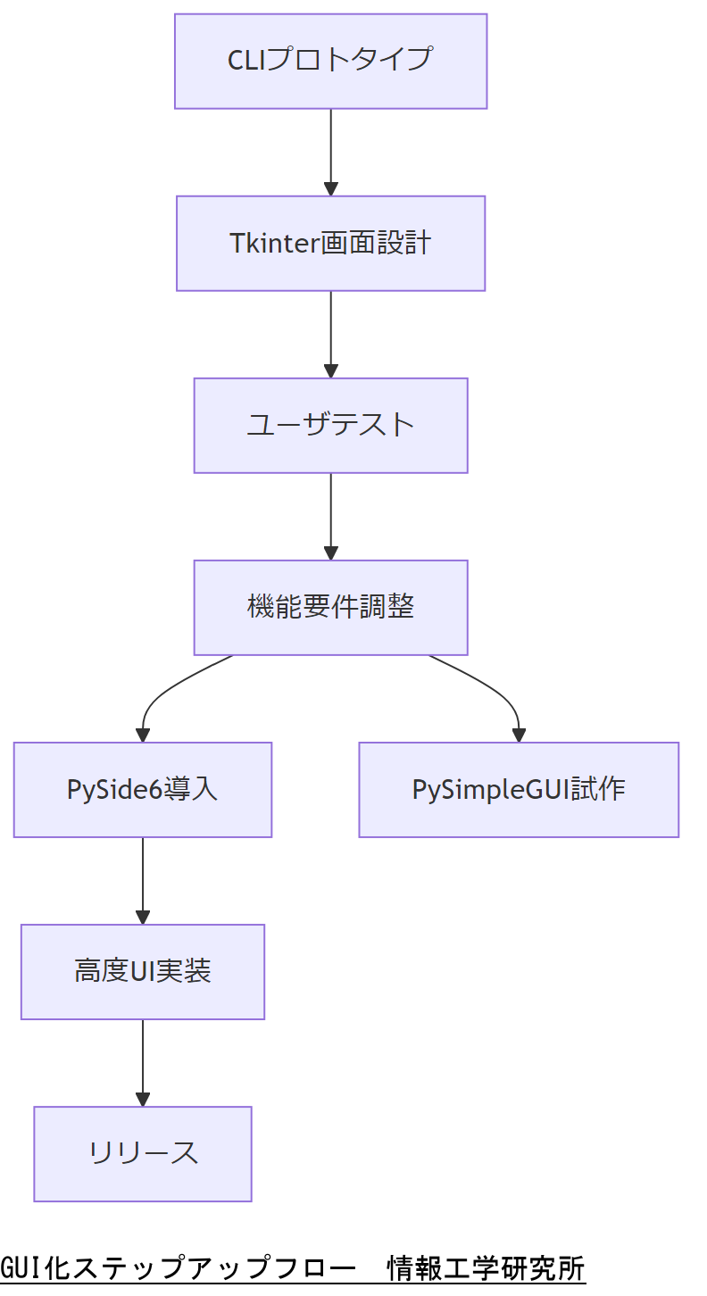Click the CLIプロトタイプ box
point(330,61)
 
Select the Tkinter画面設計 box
point(330,243)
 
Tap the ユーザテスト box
point(330,425)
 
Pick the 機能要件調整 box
point(330,607)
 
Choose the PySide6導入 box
point(143,789)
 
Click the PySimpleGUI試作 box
point(519,789)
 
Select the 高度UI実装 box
point(143,971)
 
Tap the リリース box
point(143,1153)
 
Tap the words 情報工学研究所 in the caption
point(486,1268)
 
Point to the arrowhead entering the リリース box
point(143,1099)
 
